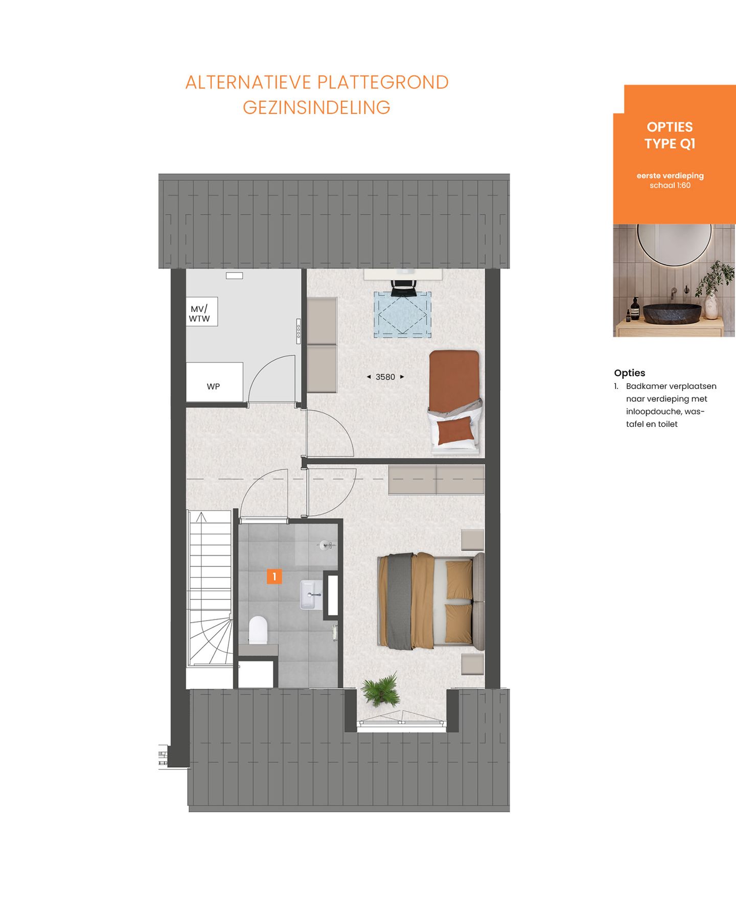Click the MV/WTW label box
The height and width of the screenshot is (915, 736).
click(201, 312)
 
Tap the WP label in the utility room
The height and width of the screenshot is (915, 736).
click(214, 386)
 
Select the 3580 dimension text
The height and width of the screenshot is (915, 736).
click(385, 377)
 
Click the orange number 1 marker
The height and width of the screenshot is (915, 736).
click(274, 577)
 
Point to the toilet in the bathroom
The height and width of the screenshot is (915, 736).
click(258, 630)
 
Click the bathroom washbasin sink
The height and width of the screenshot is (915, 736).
click(311, 594)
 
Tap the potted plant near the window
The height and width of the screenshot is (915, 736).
click(381, 690)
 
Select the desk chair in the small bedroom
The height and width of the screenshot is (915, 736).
click(403, 288)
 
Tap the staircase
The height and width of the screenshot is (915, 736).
click(210, 588)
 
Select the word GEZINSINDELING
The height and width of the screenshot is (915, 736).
click(316, 108)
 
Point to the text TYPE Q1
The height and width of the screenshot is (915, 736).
click(670, 144)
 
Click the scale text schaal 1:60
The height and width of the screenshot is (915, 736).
click(670, 186)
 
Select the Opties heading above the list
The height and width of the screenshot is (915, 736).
click(630, 373)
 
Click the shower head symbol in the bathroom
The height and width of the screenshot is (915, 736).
click(325, 545)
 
